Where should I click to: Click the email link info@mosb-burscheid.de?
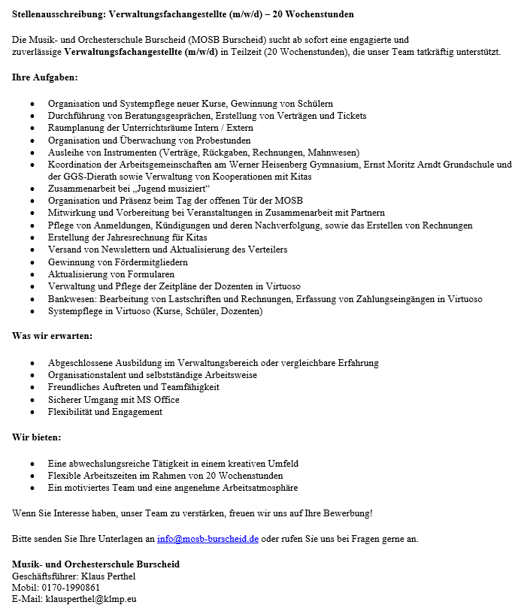pos(208,539)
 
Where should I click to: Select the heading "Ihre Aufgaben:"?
pos(44,77)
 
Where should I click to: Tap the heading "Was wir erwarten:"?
pos(52,336)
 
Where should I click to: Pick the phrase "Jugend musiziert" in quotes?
pos(167,189)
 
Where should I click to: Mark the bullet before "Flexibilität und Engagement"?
pos(32,412)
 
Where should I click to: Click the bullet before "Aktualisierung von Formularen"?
pos(32,274)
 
